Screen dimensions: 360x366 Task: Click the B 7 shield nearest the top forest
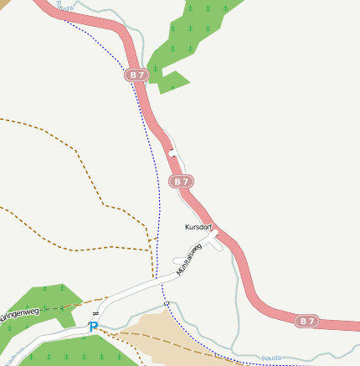(137, 75)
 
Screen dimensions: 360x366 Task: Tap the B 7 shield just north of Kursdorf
(182, 181)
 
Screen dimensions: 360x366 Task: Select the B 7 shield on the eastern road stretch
(308, 321)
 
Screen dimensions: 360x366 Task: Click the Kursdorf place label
(198, 227)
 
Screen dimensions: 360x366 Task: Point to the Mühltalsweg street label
(189, 258)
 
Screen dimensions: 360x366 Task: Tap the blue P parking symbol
(94, 327)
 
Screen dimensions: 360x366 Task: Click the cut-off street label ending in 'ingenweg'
(18, 312)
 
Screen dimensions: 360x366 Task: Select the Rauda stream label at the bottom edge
(271, 358)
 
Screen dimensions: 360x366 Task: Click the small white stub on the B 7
(172, 153)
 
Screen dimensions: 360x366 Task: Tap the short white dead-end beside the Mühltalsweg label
(177, 261)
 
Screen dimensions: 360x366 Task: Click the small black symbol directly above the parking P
(95, 313)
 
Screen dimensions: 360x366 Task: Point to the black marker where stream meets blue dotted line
(166, 303)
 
